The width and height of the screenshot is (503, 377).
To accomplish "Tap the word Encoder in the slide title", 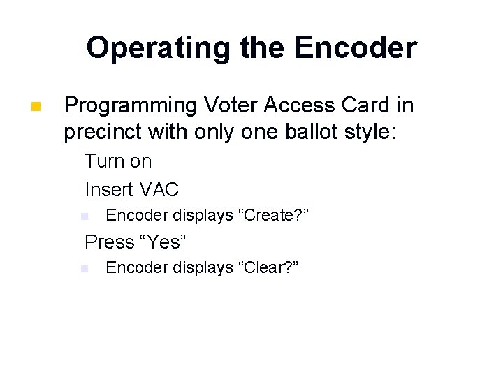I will [x=356, y=48].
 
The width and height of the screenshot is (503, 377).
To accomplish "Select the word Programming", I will [x=131, y=105].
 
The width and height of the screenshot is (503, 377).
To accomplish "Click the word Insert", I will [x=109, y=189].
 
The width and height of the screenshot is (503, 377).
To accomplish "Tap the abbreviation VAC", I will [x=159, y=189].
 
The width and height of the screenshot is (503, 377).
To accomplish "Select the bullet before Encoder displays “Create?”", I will [x=84, y=216].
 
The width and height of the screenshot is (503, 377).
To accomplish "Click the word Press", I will [x=109, y=242].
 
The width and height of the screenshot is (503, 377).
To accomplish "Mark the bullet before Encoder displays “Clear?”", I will [x=84, y=269].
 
